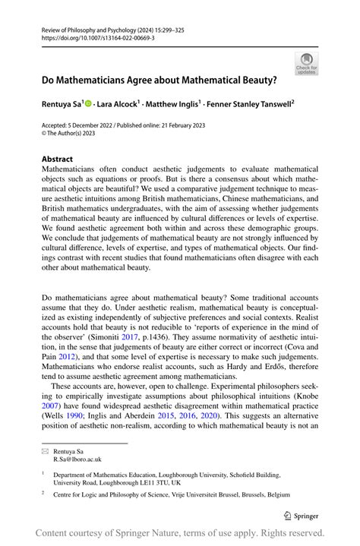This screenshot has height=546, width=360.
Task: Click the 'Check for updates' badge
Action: click(x=307, y=63)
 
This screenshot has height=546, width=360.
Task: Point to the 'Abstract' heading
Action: click(x=58, y=159)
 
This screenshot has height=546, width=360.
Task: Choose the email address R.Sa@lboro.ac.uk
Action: click(x=77, y=459)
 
